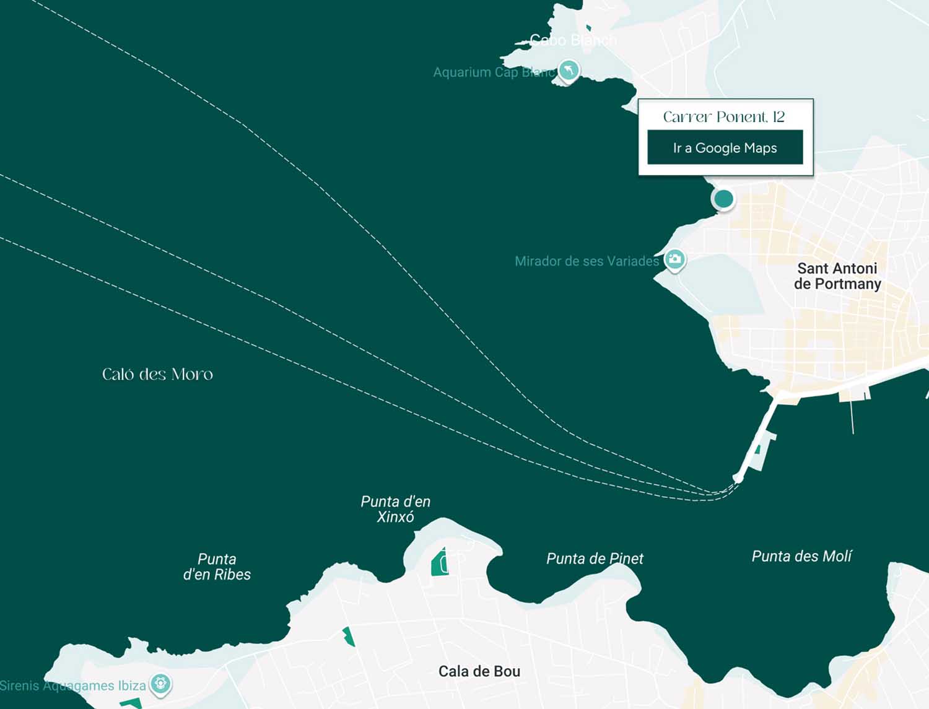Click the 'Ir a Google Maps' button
725,147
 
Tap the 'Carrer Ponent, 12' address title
723,117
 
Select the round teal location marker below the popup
723,199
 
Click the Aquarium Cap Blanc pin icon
569,69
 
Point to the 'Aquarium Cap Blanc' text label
494,72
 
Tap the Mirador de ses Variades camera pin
674,259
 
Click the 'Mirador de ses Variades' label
587,261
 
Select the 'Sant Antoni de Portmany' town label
837,276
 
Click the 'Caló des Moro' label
157,374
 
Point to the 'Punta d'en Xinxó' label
395,509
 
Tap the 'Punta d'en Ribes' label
217,567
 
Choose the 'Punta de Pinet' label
595,559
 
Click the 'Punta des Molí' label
801,556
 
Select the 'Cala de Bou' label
479,671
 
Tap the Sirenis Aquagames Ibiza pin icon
160,684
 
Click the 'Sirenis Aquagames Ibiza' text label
72,685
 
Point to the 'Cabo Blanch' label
573,40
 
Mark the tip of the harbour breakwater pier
738,478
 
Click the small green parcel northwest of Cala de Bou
349,636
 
